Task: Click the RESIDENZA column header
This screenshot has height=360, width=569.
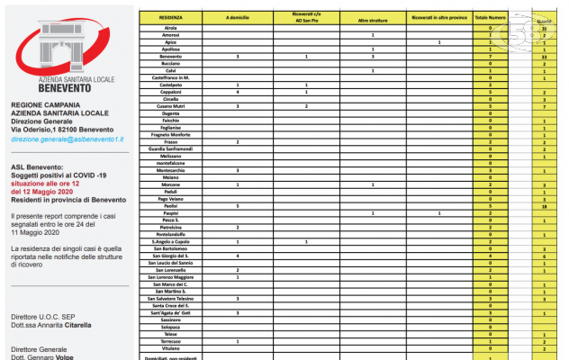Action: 170,17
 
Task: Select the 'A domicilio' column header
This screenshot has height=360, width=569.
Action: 237,17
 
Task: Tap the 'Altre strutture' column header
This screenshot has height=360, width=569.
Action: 372,17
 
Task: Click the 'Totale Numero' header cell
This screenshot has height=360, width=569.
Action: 490,17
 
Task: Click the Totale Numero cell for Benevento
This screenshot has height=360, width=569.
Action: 490,57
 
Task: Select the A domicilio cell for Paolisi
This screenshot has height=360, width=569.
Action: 237,205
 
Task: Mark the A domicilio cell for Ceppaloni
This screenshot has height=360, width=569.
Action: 237,92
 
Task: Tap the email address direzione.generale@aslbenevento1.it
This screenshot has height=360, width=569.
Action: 68,139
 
